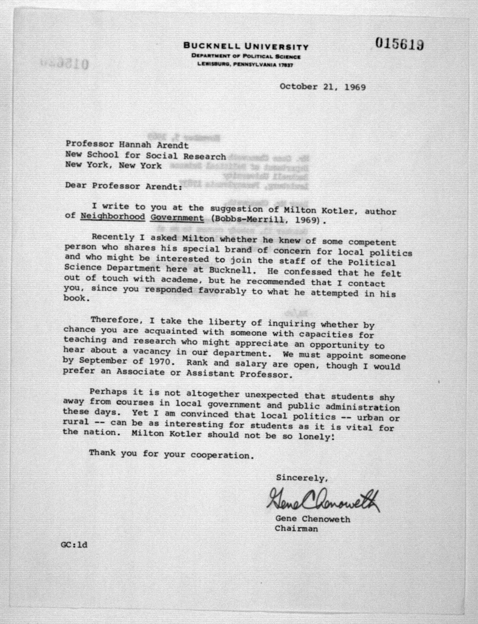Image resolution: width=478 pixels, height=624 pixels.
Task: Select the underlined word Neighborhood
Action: coord(113,217)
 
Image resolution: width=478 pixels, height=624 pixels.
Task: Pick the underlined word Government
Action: coord(177,218)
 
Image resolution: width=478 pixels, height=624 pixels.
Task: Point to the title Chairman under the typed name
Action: coord(296,529)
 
